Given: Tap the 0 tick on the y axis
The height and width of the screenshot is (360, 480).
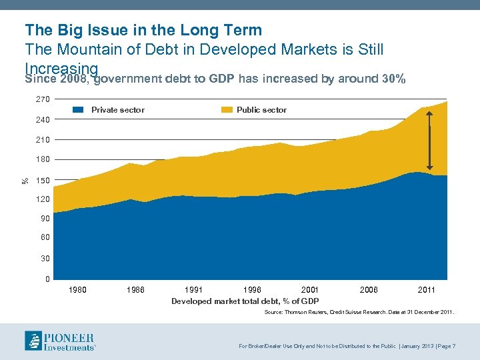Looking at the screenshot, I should coord(47,279).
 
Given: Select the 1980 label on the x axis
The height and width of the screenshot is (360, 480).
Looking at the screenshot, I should coord(78,290).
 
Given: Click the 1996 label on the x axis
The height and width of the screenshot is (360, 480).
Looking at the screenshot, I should coord(252,290).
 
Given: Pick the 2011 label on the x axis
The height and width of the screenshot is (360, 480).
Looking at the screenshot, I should coord(427,290).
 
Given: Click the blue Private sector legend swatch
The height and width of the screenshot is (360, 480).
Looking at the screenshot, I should coord(79,110).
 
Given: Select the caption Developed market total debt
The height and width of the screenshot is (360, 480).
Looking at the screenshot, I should coord(245,301).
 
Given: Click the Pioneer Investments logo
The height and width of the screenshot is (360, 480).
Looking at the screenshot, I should coord(60,341).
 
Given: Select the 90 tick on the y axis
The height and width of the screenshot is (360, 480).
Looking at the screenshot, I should coord(44,219).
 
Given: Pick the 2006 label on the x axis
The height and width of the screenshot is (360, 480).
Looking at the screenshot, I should coord(369,290).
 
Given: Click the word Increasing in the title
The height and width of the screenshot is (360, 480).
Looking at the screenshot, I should coord(61,69).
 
